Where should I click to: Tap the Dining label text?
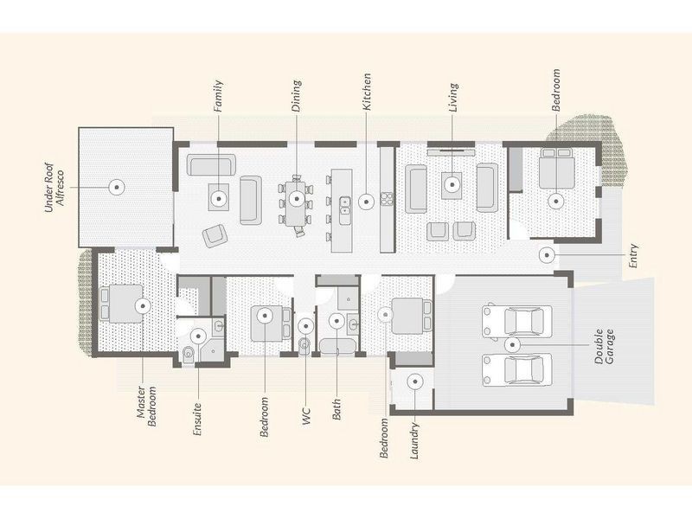pos(297,96)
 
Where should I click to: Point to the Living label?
pos(452,99)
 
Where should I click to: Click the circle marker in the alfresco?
pos(116,184)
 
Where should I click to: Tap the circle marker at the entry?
pos(547,254)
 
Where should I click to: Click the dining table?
pos(297,199)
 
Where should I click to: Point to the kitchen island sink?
pos(345,204)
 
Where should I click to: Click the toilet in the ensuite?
pos(189,352)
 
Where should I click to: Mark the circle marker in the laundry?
pos(415,381)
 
